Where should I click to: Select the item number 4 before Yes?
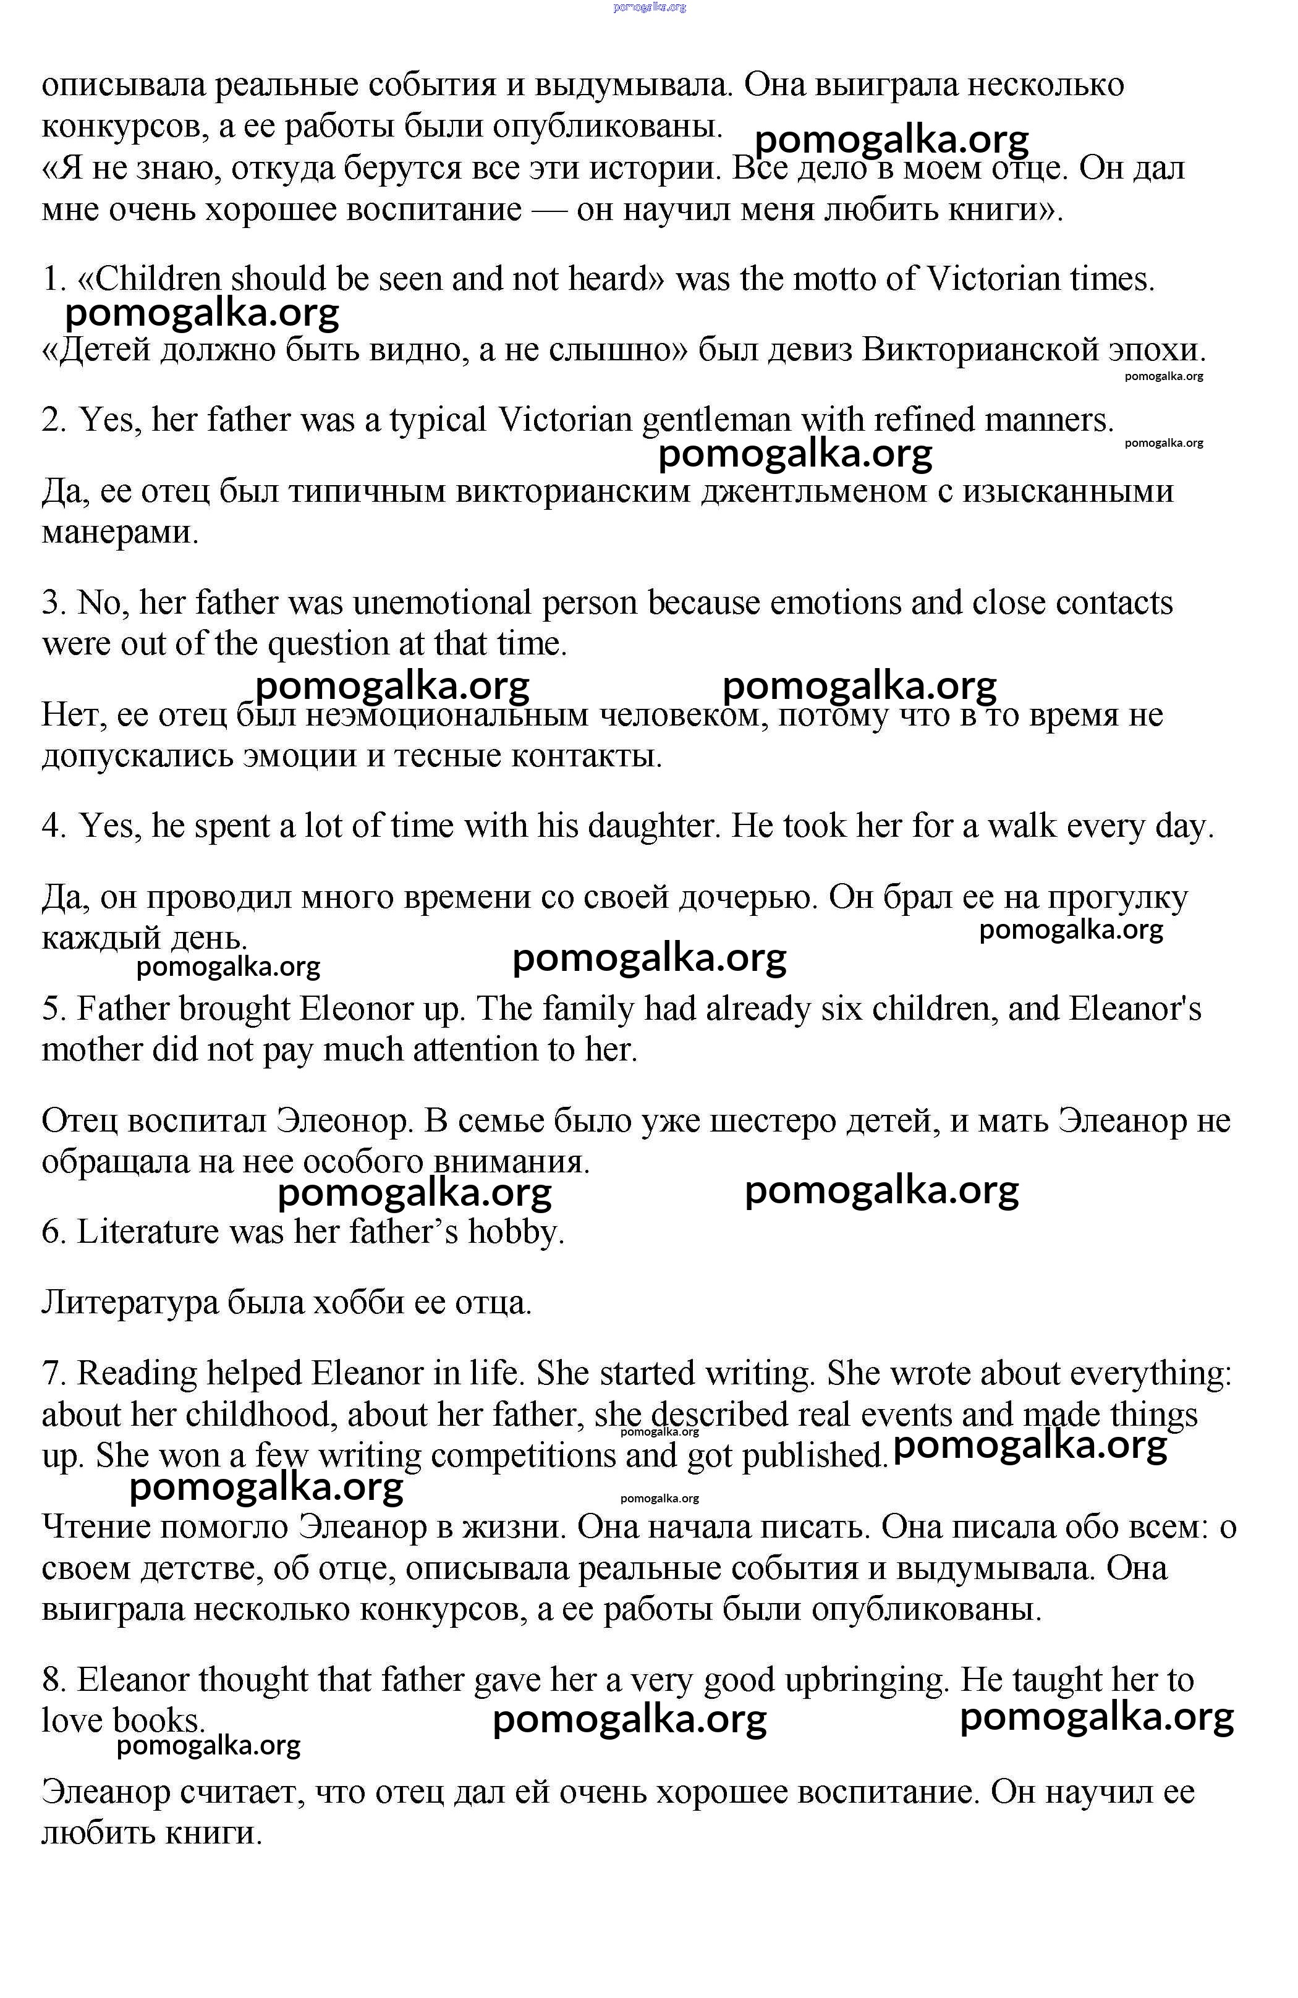coord(53,826)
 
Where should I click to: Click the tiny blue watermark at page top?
coord(650,7)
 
